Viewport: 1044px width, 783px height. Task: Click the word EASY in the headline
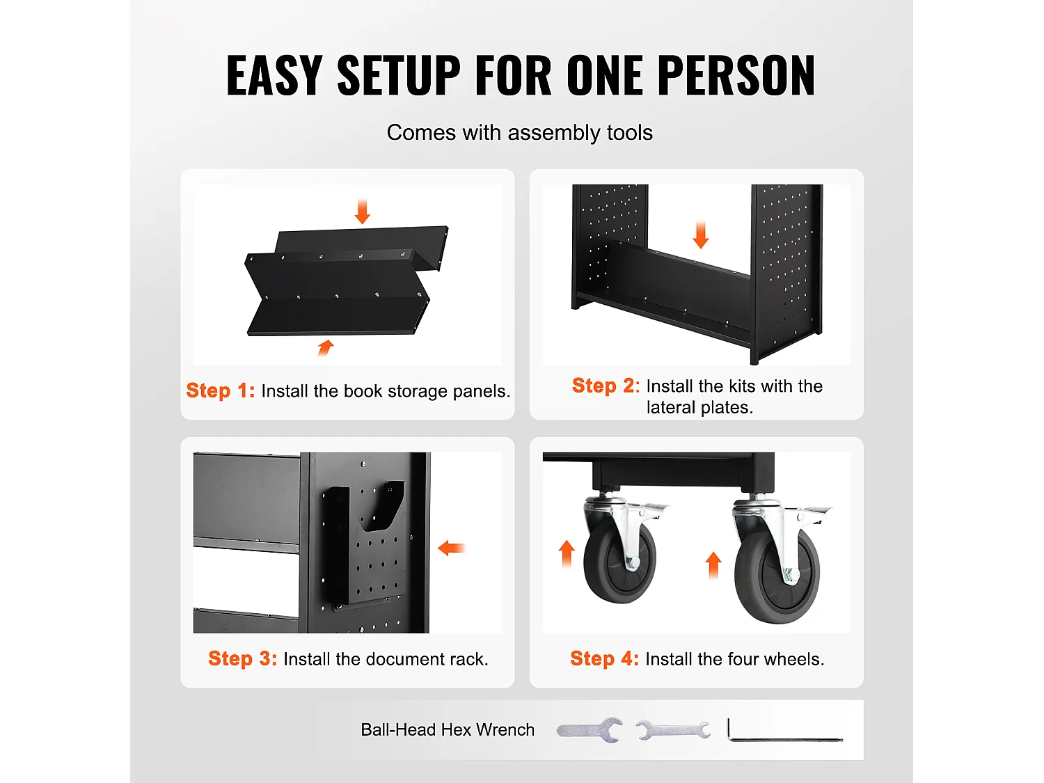click(274, 75)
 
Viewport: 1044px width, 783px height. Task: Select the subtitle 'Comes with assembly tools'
click(519, 133)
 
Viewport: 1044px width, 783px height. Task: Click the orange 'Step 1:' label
click(220, 390)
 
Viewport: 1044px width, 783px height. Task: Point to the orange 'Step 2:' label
click(606, 386)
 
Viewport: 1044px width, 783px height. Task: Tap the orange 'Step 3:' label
click(243, 658)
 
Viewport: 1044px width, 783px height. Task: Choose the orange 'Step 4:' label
click(605, 658)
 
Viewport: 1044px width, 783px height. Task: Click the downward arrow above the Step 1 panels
click(363, 212)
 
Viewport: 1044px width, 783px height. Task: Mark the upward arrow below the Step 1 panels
click(326, 347)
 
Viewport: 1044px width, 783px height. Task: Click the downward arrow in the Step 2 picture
click(701, 235)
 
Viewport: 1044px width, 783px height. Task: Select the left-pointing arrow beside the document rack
click(451, 548)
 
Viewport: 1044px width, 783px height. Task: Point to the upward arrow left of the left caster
click(567, 554)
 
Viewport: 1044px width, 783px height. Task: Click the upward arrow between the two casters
click(713, 564)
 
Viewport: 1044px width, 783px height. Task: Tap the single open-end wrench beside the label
click(590, 729)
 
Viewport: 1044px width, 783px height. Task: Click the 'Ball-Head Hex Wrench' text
click(448, 729)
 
